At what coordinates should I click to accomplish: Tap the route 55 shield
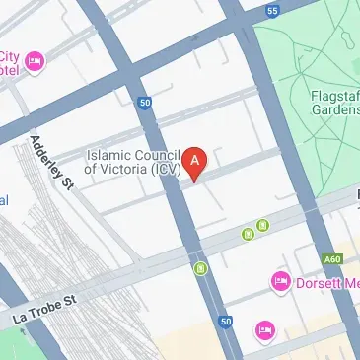click(x=272, y=11)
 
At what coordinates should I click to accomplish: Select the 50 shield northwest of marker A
click(x=145, y=103)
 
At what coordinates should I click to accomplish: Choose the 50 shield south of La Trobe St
click(x=226, y=321)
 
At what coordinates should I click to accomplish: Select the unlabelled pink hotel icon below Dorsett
click(x=263, y=328)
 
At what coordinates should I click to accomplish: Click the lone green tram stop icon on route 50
click(x=200, y=267)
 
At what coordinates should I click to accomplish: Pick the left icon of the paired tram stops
click(x=248, y=234)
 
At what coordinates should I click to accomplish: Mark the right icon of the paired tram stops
click(x=261, y=226)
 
